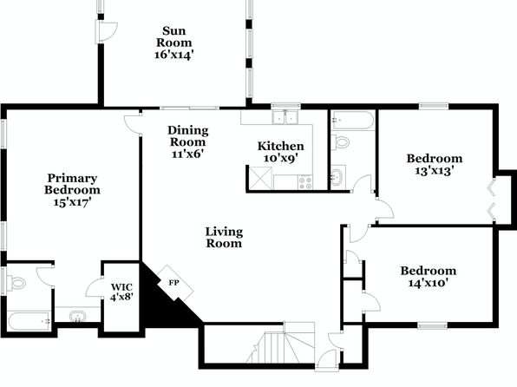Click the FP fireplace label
click(x=174, y=283)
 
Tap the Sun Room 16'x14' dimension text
click(x=173, y=55)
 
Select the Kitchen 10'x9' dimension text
click(x=280, y=158)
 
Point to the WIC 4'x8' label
click(x=121, y=292)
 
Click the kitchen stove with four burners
click(x=305, y=182)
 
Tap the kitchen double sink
click(x=285, y=117)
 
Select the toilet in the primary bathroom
click(x=16, y=283)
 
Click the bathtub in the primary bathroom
click(x=29, y=321)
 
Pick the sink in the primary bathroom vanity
click(x=78, y=317)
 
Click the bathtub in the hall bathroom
click(x=353, y=120)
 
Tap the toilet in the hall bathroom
click(x=340, y=142)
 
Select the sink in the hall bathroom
click(x=337, y=177)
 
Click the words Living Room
click(x=224, y=238)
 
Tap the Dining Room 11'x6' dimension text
click(x=187, y=154)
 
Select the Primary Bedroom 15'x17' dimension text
click(x=73, y=202)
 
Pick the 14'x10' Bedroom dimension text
click(x=429, y=283)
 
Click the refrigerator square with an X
click(x=260, y=178)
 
